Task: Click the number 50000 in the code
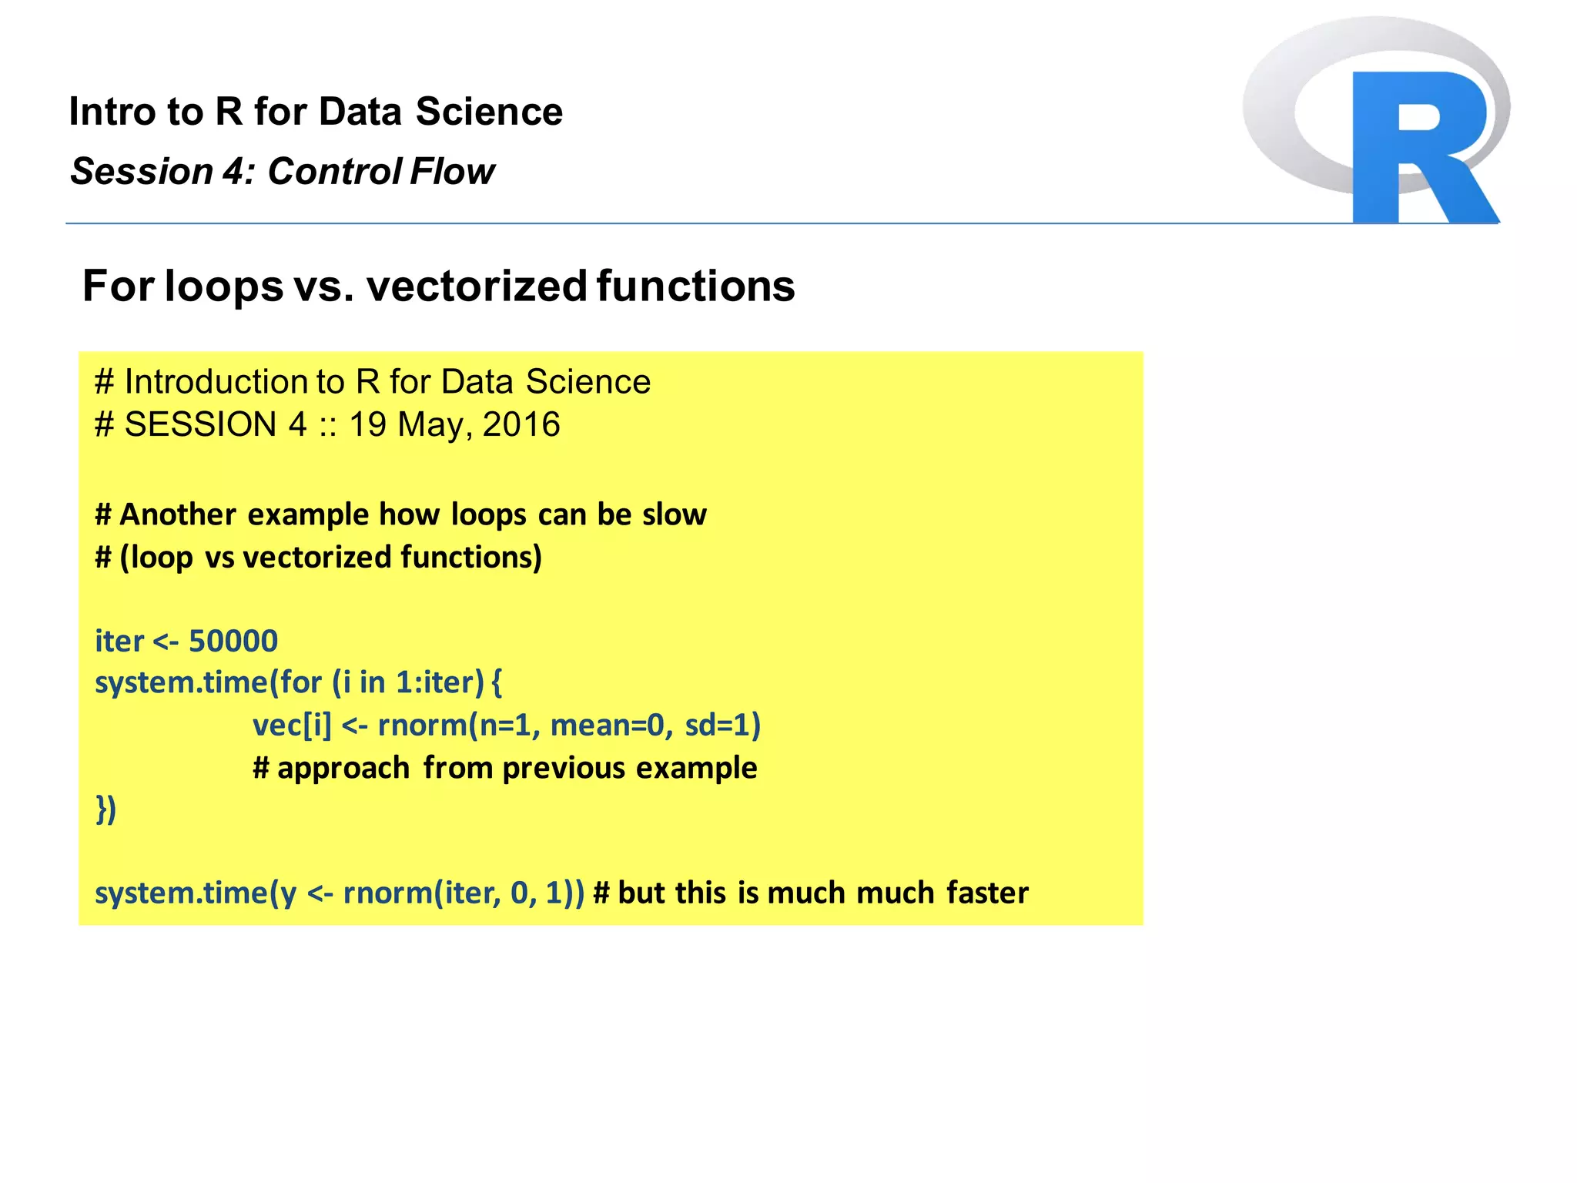pos(233,641)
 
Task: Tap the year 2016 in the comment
pos(521,424)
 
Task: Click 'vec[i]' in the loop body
pos(292,726)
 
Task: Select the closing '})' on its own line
pos(105,809)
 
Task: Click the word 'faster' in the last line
pos(987,893)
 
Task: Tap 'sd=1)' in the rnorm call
pos(722,726)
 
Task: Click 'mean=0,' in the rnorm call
pos(611,726)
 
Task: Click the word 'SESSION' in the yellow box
pos(200,424)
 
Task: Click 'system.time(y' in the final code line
pos(196,893)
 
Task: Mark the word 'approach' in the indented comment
pos(343,768)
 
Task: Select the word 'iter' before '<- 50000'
pos(119,641)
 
